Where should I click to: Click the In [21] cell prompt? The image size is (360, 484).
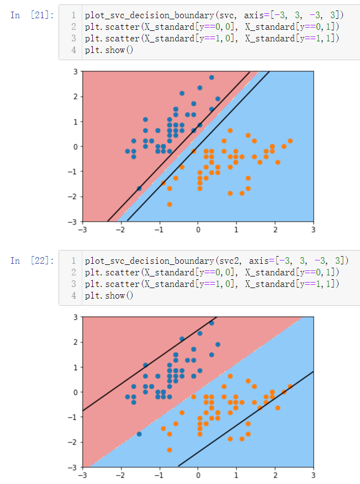point(32,15)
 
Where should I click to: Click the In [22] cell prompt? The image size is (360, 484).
point(32,260)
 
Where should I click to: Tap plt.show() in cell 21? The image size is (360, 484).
point(109,50)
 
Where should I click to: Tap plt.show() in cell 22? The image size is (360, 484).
point(109,296)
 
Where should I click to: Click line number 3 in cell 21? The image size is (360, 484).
point(73,38)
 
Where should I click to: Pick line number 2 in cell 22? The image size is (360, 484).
point(73,272)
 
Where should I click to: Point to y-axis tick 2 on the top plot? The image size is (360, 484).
point(75,97)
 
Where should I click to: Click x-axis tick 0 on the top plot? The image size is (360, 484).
point(198,230)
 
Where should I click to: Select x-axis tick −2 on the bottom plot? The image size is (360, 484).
point(121,475)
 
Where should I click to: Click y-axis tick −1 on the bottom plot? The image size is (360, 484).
point(72,417)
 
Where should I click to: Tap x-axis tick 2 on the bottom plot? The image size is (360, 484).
point(274,475)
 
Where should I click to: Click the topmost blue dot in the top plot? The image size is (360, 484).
point(211,77)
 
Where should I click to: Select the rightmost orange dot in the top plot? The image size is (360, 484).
point(290,141)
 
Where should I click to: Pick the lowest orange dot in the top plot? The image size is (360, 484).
point(170,204)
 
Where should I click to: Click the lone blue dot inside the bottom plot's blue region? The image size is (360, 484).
point(139,434)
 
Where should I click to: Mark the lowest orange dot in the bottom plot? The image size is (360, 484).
point(170,450)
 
